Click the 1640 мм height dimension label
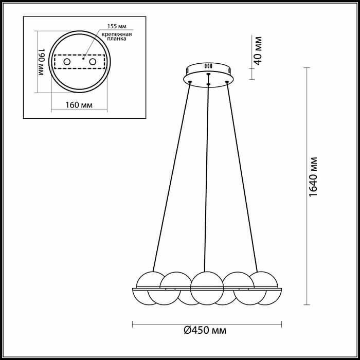click(313, 177)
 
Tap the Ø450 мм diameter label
click(205, 331)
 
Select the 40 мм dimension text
click(258, 51)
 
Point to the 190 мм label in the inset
click(41, 62)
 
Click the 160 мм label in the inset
click(79, 105)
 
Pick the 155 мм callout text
click(117, 26)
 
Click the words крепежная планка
click(117, 37)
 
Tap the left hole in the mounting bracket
click(67, 62)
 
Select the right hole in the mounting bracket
click(93, 62)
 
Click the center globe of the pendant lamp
click(207, 288)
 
